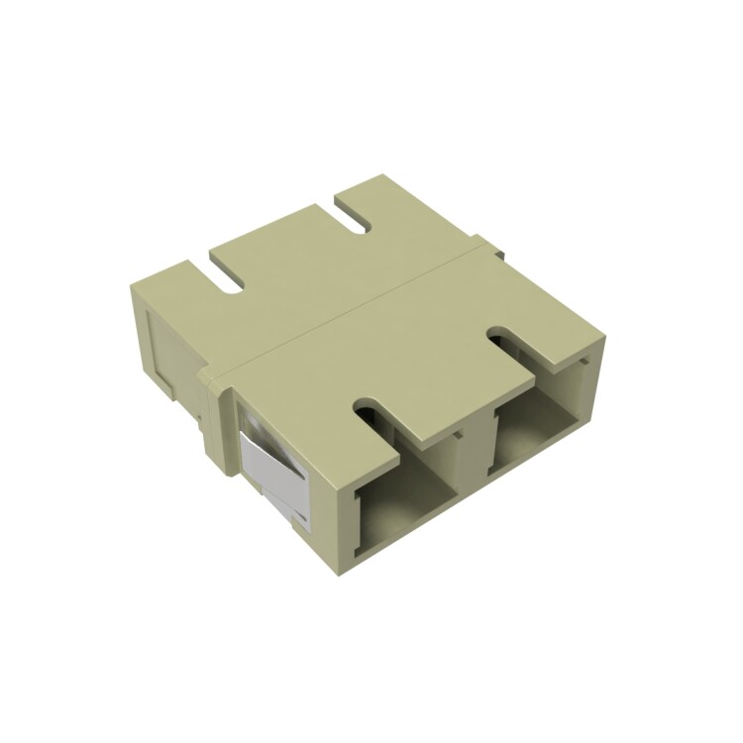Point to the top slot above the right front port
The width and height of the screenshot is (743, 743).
point(515,347)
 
